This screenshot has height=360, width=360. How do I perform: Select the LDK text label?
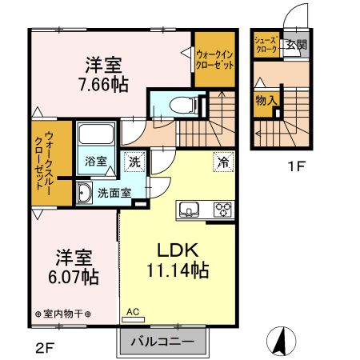tap(178, 249)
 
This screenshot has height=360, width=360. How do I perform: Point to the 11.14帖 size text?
tap(178, 271)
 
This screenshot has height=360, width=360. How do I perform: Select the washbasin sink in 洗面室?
tap(83, 191)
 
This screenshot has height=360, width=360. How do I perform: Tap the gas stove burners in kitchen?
tap(221, 211)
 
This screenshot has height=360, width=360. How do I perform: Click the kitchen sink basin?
tap(190, 210)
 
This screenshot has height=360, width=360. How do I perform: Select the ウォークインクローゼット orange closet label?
tap(214, 61)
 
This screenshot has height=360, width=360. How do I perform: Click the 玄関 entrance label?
tap(296, 44)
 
